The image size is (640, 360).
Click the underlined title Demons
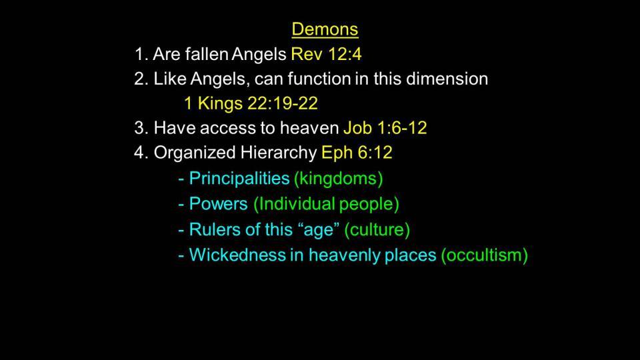coord(325,29)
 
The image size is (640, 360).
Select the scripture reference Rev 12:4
coord(326,54)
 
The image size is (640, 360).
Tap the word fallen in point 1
coord(207,54)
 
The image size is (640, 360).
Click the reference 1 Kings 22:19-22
coord(251,103)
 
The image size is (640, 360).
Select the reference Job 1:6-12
coord(385,128)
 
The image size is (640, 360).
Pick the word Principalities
coord(239,179)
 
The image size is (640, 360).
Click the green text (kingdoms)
coord(339,179)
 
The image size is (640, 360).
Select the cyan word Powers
coord(219,204)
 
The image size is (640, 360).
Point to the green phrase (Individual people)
coord(326,204)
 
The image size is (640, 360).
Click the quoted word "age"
coord(316,230)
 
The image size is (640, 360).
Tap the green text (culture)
coord(377,230)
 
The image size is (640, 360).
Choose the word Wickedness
coord(237,255)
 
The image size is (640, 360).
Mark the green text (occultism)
coord(485,255)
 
